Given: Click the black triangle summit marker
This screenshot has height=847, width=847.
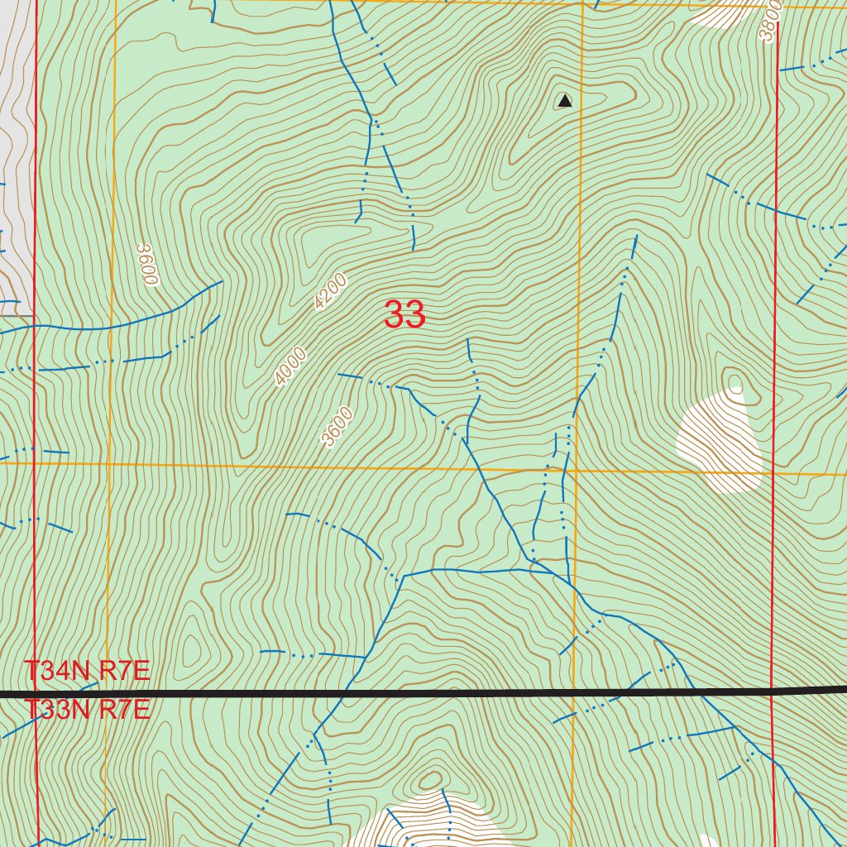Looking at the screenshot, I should point(564,101).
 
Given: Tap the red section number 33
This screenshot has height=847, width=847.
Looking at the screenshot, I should point(404,314).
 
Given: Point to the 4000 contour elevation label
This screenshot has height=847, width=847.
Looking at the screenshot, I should point(291,366).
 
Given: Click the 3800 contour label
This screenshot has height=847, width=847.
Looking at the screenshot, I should point(768,22).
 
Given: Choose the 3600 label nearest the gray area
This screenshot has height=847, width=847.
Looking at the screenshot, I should point(146,265).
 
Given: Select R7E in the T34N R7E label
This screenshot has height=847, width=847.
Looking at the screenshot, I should point(124,671).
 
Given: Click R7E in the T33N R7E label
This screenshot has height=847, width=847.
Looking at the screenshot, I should point(124,710).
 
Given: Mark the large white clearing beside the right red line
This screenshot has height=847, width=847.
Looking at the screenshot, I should point(720,443).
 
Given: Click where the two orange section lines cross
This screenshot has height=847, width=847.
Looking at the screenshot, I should point(576,470).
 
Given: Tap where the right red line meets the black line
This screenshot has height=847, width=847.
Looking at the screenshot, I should point(772,690).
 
